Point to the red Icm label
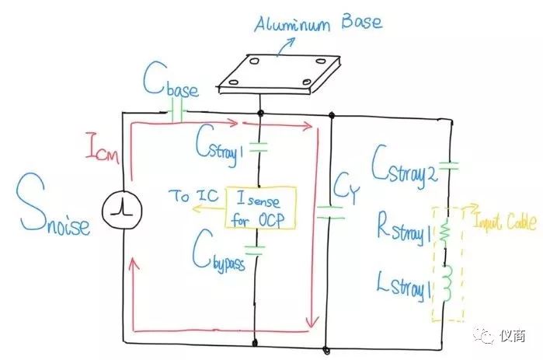(x=103, y=148)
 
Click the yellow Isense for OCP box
(x=261, y=208)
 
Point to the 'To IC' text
(x=191, y=197)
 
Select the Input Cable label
(x=505, y=223)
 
